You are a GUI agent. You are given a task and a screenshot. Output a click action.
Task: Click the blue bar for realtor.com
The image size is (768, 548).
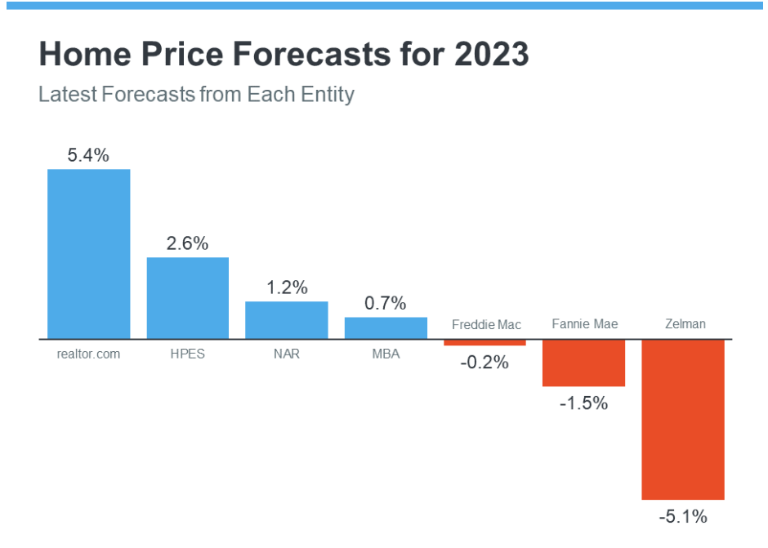(x=88, y=253)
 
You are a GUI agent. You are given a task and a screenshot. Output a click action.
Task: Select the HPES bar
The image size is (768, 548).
(x=188, y=297)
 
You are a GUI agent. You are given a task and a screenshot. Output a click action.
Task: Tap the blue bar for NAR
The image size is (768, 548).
(x=287, y=319)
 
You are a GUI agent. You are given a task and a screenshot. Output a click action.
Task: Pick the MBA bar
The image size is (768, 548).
(x=386, y=327)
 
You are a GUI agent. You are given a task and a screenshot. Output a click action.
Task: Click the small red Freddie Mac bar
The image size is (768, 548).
(x=484, y=342)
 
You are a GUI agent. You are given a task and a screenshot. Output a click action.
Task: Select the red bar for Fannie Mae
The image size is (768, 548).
(x=583, y=363)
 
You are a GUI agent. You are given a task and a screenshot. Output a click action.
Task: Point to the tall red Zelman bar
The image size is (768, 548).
(x=683, y=419)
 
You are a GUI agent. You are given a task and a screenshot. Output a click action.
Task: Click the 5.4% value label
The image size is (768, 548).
(x=88, y=155)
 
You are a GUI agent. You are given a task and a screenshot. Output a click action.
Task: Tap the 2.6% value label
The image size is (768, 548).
(x=188, y=243)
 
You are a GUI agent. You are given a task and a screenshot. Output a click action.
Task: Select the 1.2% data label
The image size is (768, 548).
(x=287, y=287)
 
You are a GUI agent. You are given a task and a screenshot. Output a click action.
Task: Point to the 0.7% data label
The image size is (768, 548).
(x=386, y=303)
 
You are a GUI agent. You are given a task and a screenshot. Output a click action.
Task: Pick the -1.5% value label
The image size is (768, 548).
(x=583, y=403)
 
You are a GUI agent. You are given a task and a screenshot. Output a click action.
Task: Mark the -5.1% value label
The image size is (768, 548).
(x=683, y=516)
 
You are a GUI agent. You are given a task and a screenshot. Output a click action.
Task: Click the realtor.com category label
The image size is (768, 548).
(x=88, y=354)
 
